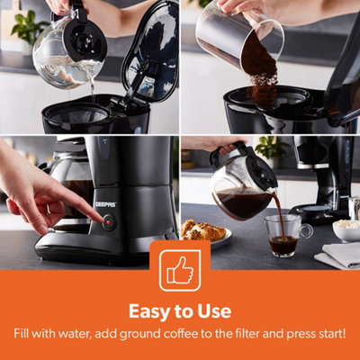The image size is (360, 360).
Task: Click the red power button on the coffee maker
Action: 109,222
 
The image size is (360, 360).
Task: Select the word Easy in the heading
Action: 149,311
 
